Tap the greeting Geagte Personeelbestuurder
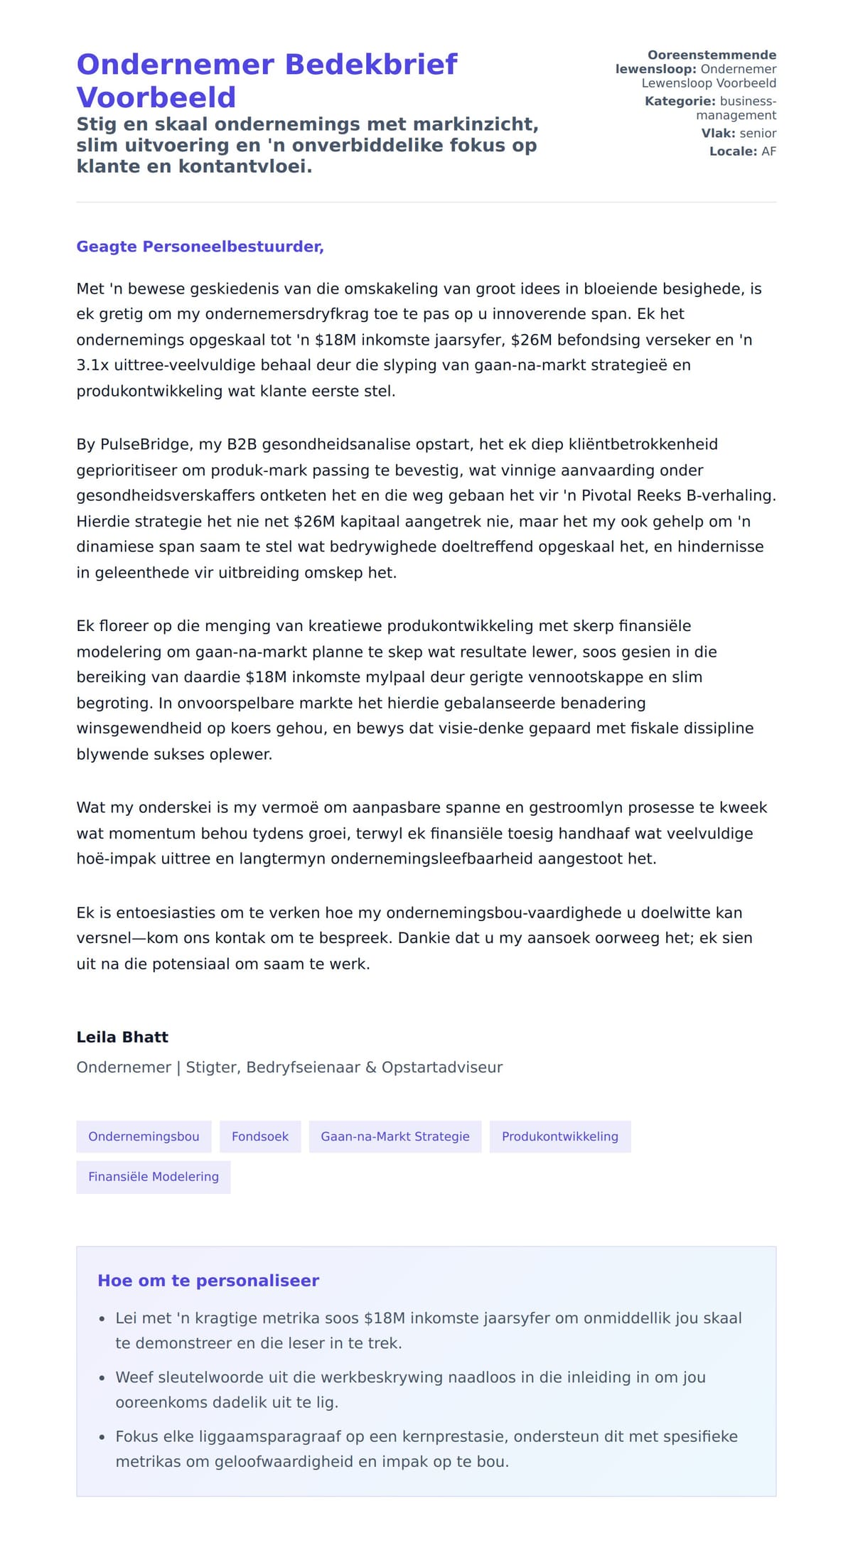[x=200, y=247]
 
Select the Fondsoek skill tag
[x=260, y=1136]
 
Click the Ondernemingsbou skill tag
[x=144, y=1136]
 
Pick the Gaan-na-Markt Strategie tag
[x=395, y=1136]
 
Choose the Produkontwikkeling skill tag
[x=559, y=1136]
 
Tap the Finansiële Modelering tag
[x=154, y=1176]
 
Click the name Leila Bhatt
[x=122, y=1037]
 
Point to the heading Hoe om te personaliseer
[x=208, y=1281]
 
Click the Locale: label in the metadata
[x=733, y=151]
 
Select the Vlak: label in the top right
[x=718, y=134]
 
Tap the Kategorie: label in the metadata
[x=680, y=102]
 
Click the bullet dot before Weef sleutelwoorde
[x=102, y=1378]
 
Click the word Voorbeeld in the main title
[x=156, y=97]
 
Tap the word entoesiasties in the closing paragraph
[x=166, y=913]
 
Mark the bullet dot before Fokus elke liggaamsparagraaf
[x=102, y=1437]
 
